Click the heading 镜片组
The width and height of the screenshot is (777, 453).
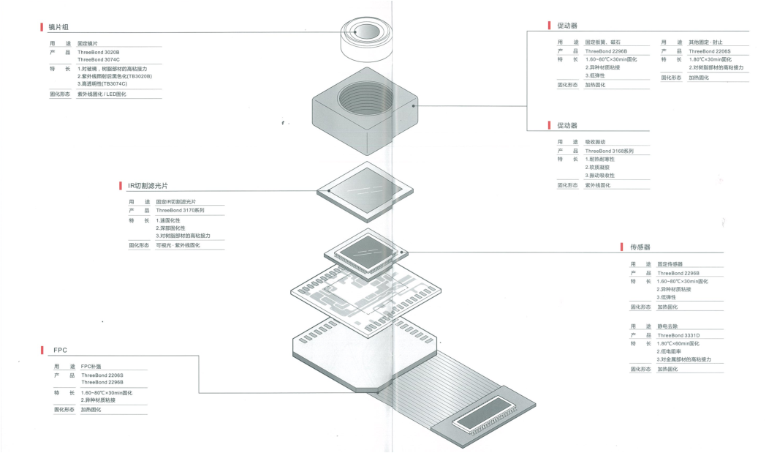point(58,27)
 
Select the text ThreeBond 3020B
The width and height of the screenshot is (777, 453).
point(99,52)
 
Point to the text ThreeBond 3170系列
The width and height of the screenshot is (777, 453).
point(180,210)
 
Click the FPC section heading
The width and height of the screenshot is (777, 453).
point(60,350)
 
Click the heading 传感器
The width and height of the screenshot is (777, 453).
point(640,247)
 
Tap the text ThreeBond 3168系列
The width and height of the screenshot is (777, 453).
point(609,151)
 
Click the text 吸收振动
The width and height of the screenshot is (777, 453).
point(595,141)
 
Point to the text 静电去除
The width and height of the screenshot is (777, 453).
point(668,326)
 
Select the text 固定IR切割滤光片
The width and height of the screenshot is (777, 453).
point(175,201)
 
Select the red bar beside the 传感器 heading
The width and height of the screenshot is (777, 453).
point(622,247)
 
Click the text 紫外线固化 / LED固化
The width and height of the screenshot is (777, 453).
point(102,94)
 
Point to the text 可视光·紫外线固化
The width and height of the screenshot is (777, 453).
point(178,245)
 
